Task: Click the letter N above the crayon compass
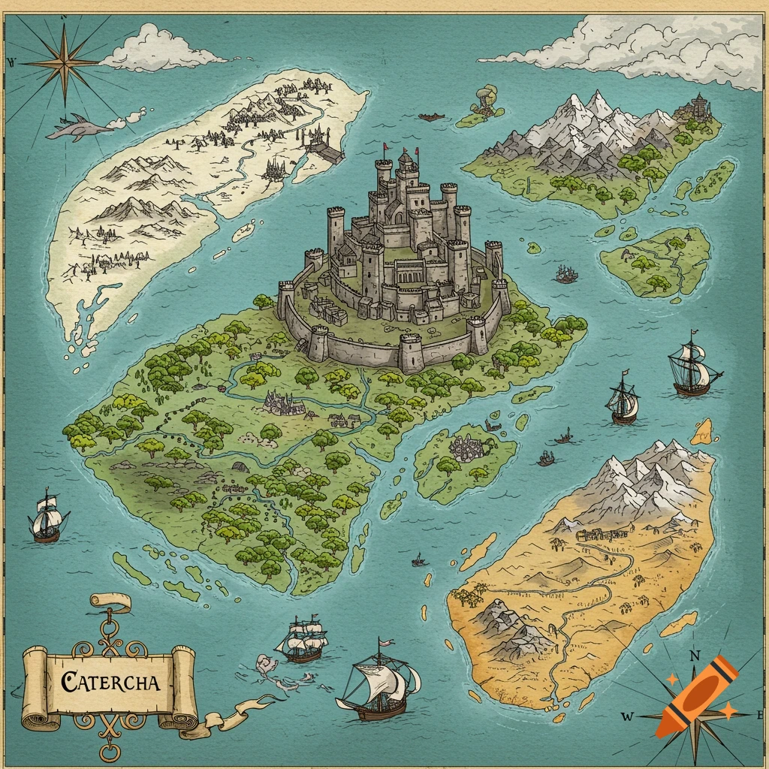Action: coord(695,655)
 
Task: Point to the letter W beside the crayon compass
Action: coord(626,716)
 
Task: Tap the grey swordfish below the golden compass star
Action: coord(79,129)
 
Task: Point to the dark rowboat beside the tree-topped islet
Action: coord(432,117)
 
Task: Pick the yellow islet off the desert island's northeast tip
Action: coord(703,431)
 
